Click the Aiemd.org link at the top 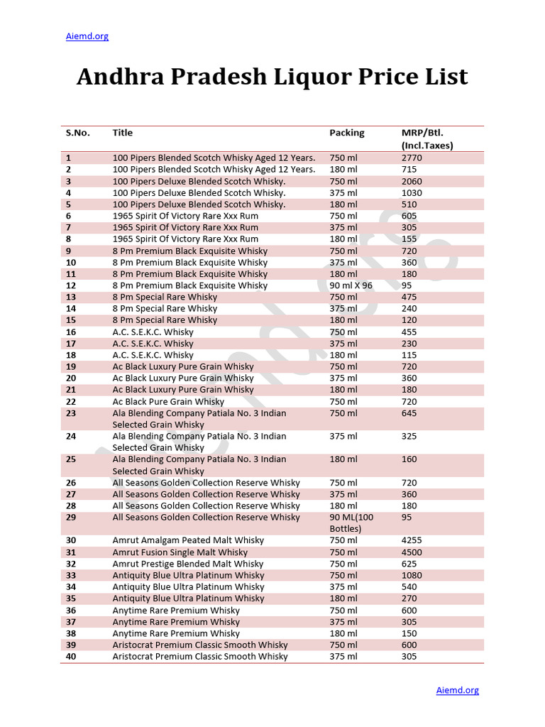pos(87,36)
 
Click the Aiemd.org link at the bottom pos(457,689)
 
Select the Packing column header pos(346,133)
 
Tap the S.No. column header pos(77,133)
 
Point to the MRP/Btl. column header pos(422,133)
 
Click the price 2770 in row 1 pos(412,158)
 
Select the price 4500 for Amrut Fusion pos(412,552)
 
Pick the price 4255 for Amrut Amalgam pos(412,540)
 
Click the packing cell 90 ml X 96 pos(351,285)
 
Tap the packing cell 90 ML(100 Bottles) pos(351,523)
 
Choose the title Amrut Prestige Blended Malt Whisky pos(187,564)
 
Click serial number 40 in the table pos(71,657)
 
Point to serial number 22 pos(71,401)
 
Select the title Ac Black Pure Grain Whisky pos(168,401)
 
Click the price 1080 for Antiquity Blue pos(412,575)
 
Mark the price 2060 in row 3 pos(412,181)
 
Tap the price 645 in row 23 pos(409,413)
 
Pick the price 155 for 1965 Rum pos(409,239)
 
